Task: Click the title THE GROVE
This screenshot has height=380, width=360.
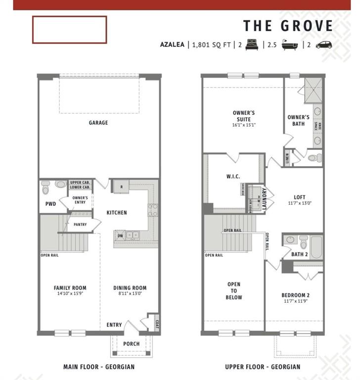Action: pos(288,25)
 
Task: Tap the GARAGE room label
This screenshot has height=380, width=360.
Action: pos(98,123)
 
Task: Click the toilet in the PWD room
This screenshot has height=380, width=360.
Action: pos(46,188)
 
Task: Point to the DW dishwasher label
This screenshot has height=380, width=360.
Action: pos(120,236)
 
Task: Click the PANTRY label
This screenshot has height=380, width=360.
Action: pos(80,225)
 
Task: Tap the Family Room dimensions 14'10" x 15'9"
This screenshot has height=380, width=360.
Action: pos(70,293)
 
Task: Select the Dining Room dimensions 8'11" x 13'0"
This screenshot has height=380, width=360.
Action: pos(130,293)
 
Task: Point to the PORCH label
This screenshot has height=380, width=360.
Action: pos(131,344)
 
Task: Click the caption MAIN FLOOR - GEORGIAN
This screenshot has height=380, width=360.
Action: pos(99,367)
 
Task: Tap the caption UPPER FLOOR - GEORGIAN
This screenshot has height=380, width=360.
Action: pos(262,367)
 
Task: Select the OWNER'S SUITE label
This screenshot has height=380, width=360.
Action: pos(244,116)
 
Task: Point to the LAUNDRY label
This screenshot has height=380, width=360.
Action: pos(265,198)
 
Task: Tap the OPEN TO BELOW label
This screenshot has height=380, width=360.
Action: pos(234,291)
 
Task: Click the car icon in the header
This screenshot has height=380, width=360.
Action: pos(324,44)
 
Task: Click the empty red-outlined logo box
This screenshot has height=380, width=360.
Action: pos(69,29)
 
